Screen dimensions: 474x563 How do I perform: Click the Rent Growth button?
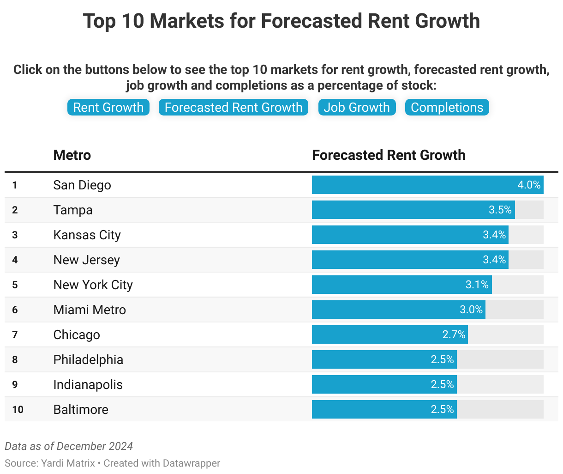tap(108, 107)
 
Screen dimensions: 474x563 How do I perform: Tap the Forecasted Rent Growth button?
tap(234, 107)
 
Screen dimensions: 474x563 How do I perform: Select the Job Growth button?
tap(357, 107)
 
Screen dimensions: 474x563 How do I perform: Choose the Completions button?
tap(447, 107)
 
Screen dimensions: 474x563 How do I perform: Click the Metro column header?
tap(72, 155)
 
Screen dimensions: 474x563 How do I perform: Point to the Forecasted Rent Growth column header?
tap(389, 155)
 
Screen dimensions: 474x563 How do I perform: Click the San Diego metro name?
tap(82, 185)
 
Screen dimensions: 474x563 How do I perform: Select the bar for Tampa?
tap(413, 210)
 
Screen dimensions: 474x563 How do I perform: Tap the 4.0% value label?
tap(529, 185)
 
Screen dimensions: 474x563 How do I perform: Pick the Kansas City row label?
tap(87, 235)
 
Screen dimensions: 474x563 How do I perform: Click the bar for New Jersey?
tap(410, 260)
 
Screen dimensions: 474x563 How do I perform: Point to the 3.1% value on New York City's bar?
tap(477, 285)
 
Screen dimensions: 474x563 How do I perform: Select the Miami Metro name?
tap(90, 310)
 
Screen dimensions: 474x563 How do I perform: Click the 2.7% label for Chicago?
tap(454, 334)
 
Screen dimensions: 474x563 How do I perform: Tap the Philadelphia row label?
tap(88, 360)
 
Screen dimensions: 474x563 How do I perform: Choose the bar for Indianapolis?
tap(384, 384)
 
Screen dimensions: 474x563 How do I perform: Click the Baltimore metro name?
tap(81, 410)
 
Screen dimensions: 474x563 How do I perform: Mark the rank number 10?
tap(18, 410)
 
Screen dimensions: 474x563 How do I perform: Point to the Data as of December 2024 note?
tap(69, 446)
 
